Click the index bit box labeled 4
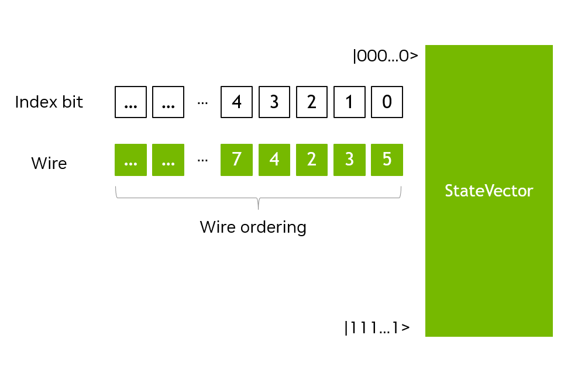[236, 102]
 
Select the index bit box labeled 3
[274, 102]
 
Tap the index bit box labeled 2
[312, 102]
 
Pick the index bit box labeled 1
[349, 102]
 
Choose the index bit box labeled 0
[387, 102]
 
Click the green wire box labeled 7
[236, 160]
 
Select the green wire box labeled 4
[274, 160]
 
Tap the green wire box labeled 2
[312, 160]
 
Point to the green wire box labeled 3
[349, 160]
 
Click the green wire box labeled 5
[387, 160]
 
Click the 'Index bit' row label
[49, 102]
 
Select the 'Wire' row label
[49, 163]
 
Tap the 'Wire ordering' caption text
[253, 227]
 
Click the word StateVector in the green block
[489, 191]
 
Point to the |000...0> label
[385, 57]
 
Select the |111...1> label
[376, 328]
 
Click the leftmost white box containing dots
[131, 102]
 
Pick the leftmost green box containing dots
[131, 160]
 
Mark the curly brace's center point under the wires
[258, 205]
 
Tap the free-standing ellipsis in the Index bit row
[202, 103]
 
